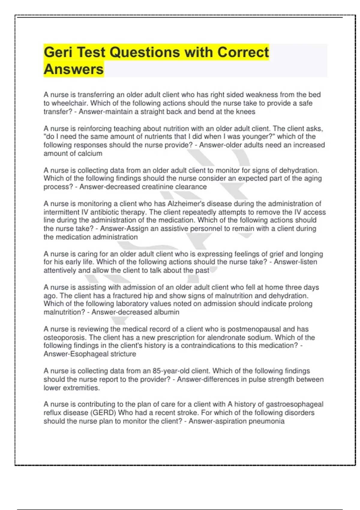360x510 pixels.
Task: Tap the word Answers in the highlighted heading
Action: point(73,69)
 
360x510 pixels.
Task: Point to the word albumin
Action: point(166,312)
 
